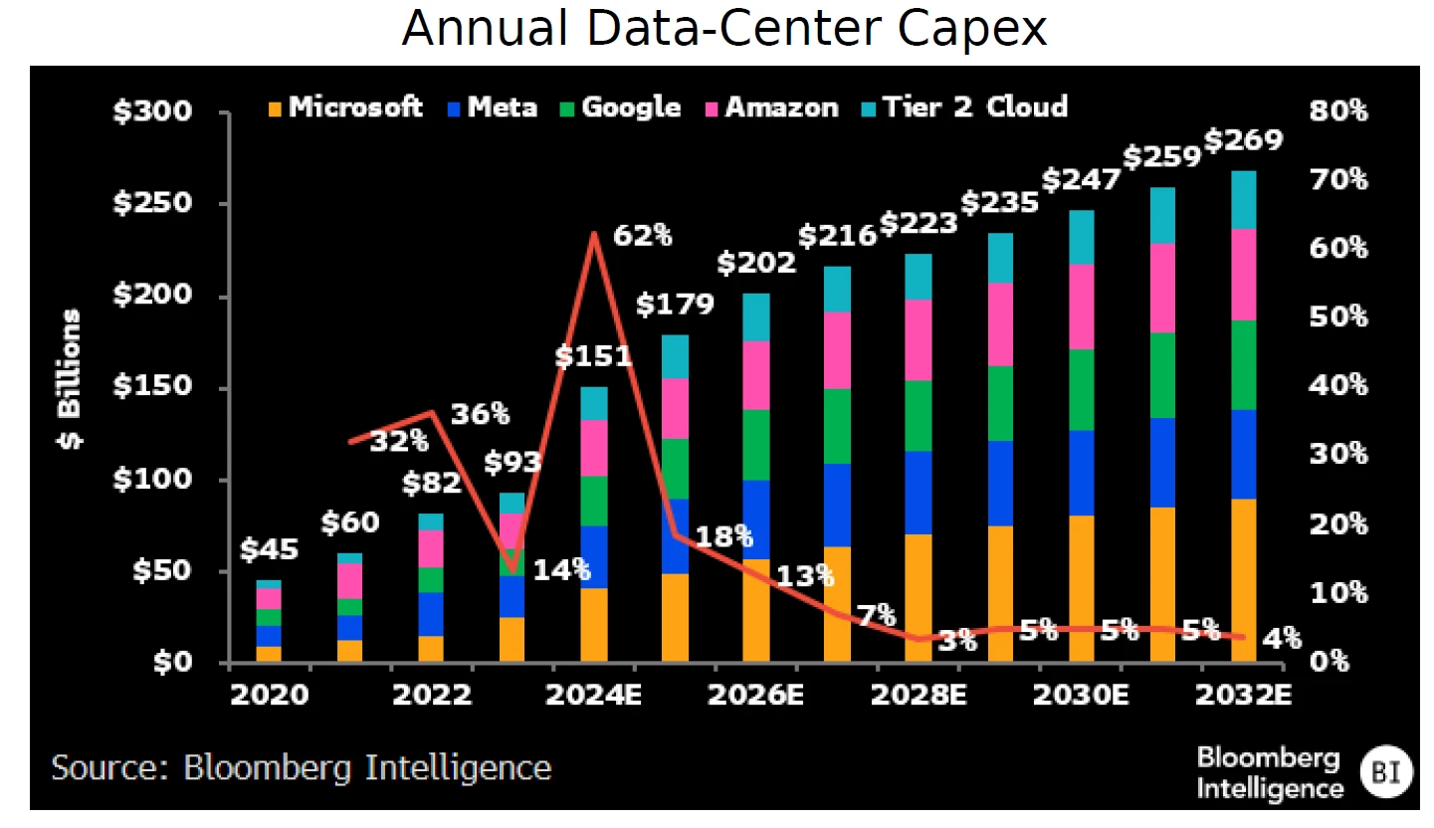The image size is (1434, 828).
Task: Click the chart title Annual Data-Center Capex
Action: coord(723,29)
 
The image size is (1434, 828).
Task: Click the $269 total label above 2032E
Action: coord(1243,141)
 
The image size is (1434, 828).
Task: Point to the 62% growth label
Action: coord(643,237)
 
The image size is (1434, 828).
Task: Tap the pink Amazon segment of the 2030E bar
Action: coord(1080,307)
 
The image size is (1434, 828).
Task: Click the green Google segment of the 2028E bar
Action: coord(919,415)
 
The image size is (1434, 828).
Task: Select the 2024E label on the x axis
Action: coord(593,695)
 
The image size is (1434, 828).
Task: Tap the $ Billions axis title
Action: coord(71,378)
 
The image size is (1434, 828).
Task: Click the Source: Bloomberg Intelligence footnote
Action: coord(302,768)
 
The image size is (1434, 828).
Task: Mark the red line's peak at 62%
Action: coord(595,234)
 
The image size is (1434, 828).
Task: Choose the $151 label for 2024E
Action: coord(594,355)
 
